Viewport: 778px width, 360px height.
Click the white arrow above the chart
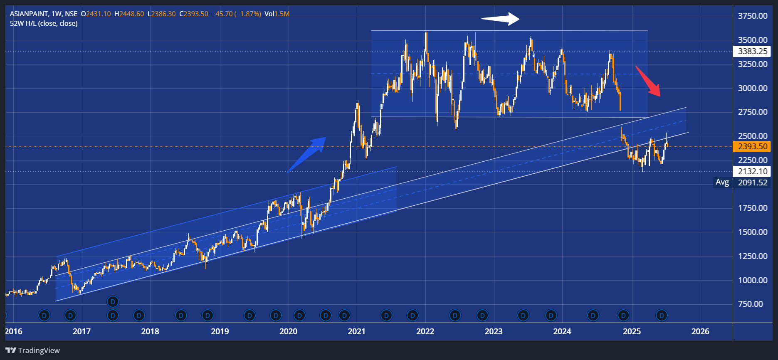coord(500,19)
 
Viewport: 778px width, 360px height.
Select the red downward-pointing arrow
coord(648,81)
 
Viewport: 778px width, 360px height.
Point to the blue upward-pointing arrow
coord(306,154)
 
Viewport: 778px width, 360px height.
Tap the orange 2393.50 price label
coord(752,147)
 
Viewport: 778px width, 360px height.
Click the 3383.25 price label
coord(752,52)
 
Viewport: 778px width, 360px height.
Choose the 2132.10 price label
coord(752,171)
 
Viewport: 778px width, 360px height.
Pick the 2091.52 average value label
coord(752,182)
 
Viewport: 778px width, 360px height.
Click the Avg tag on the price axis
coord(722,182)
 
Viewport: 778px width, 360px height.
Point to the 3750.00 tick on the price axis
coord(752,16)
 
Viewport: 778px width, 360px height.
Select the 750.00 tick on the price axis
coord(750,304)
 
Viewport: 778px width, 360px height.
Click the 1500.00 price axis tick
coord(752,232)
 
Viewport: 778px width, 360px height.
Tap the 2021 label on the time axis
coord(356,331)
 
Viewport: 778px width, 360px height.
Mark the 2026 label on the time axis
coord(700,331)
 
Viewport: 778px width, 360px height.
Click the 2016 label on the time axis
coord(14,331)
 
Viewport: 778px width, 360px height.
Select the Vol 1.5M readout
coord(277,14)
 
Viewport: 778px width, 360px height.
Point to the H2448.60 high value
coord(129,14)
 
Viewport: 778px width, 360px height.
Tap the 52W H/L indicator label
coord(44,23)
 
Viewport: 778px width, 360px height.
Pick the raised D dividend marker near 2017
coord(113,301)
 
